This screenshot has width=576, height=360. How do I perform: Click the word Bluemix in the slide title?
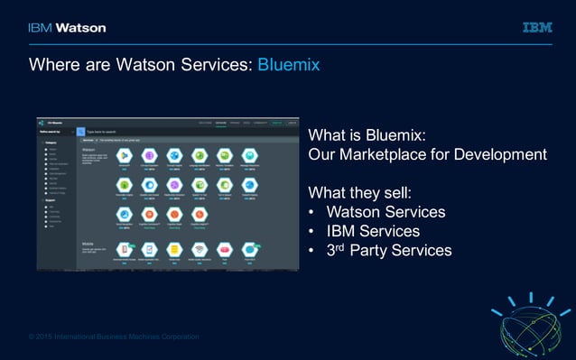tap(289, 66)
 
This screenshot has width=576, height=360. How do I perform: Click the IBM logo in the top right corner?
tap(537, 28)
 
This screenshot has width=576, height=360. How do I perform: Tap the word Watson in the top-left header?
tap(80, 28)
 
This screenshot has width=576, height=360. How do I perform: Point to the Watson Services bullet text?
tap(386, 212)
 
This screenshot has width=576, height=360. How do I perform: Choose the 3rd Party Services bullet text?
tap(388, 250)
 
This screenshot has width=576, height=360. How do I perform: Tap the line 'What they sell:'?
tap(360, 192)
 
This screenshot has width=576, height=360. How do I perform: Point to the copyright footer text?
tap(114, 337)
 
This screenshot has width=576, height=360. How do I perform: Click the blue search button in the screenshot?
tap(79, 132)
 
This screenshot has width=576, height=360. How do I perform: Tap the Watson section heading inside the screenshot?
tap(88, 149)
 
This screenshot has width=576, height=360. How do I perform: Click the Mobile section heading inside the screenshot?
tap(88, 244)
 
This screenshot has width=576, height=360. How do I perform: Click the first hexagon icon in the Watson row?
tap(124, 156)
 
